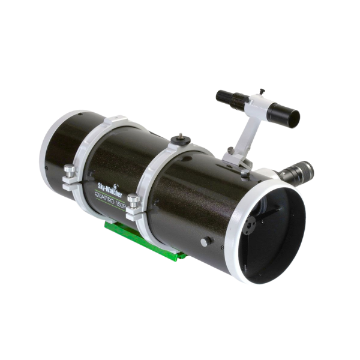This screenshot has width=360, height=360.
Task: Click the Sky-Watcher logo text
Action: point(110,190)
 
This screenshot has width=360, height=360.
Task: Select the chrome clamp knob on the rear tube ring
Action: point(70,170)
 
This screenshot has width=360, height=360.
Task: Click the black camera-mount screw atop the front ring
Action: point(181,139)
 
